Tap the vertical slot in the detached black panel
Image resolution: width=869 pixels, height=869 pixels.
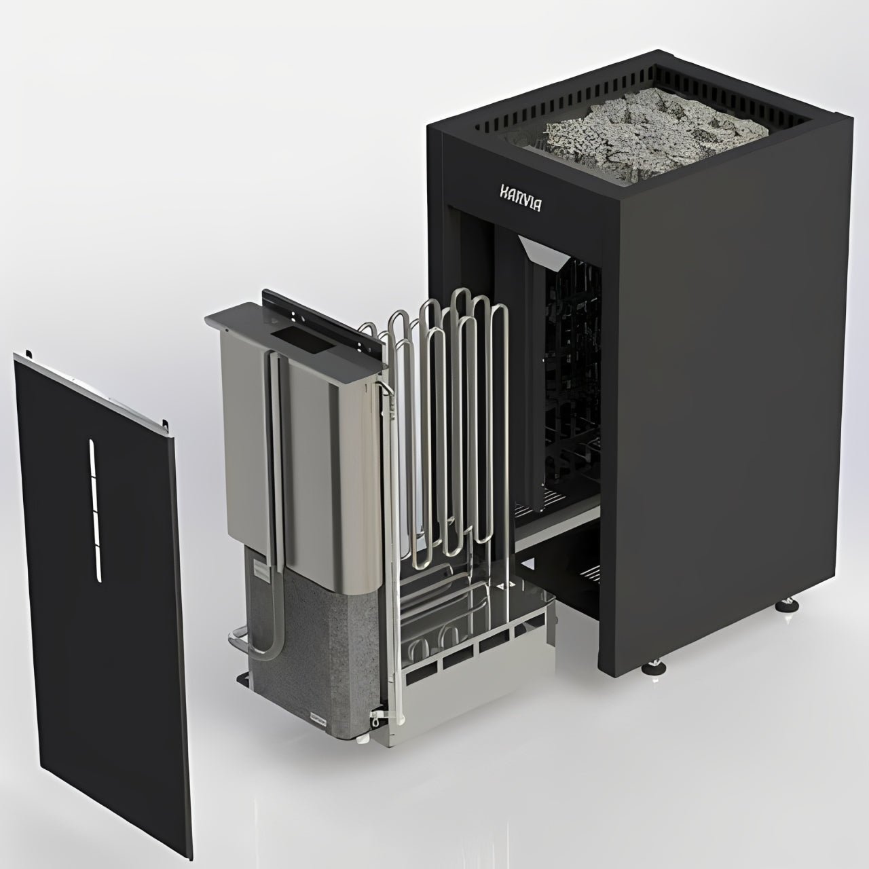[95, 510]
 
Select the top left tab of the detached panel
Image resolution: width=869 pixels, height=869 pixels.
[29, 354]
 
